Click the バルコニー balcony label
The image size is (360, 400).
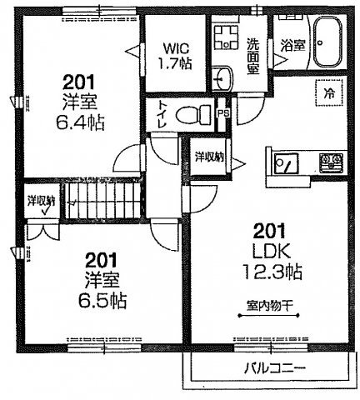point(275,367)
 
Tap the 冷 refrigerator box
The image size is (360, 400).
point(328,92)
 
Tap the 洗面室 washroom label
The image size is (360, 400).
point(256,53)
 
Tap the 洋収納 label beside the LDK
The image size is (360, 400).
point(208,156)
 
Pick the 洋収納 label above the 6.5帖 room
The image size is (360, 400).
point(39,201)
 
